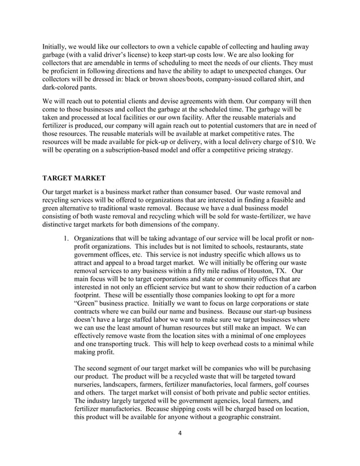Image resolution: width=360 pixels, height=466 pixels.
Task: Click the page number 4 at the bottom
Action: coord(179,433)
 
